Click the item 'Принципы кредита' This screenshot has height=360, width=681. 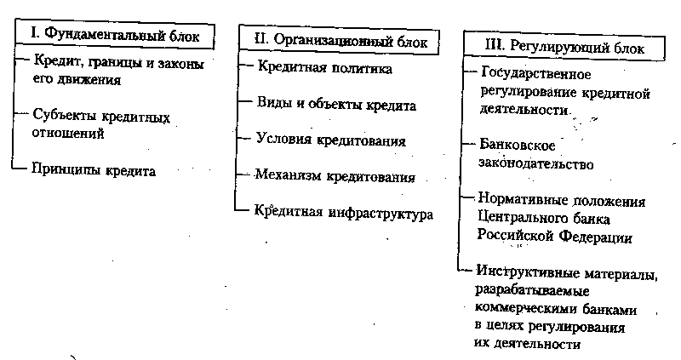pos(94,170)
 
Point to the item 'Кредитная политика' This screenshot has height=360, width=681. pos(324,66)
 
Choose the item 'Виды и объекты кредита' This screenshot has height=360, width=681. pos(335,106)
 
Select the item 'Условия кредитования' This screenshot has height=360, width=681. pos(330,139)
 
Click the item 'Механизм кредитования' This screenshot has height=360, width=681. pos(335,177)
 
